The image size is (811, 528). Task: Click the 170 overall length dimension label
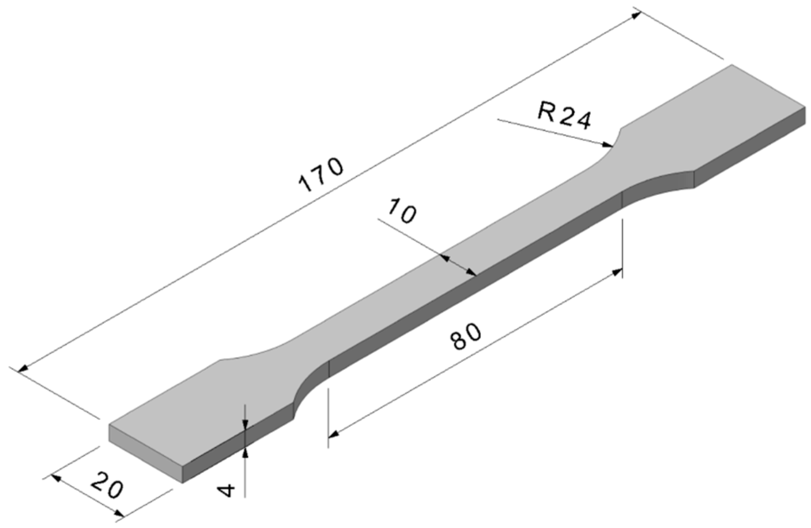[x=321, y=175]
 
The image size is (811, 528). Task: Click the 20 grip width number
[x=107, y=487]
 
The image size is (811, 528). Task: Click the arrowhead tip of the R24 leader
[x=611, y=145]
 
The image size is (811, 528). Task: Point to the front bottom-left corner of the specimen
[x=182, y=482]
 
